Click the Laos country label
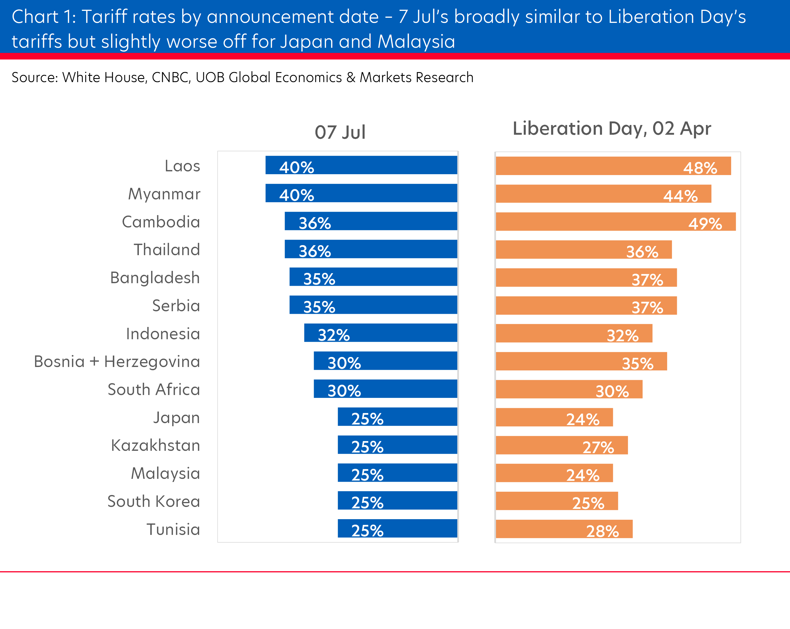pyautogui.click(x=182, y=166)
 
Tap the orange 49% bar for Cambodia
pyautogui.click(x=616, y=221)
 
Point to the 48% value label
pyautogui.click(x=700, y=168)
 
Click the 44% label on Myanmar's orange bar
pyautogui.click(x=680, y=196)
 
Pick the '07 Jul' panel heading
pyautogui.click(x=340, y=132)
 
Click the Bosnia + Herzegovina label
pyautogui.click(x=117, y=362)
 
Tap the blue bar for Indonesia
pyautogui.click(x=380, y=333)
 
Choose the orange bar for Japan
pyautogui.click(x=554, y=417)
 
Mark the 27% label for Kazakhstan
pyautogui.click(x=598, y=447)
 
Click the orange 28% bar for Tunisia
pyautogui.click(x=564, y=529)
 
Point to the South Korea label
pyautogui.click(x=153, y=501)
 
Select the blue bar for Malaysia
pyautogui.click(x=397, y=473)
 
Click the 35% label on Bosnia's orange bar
pyautogui.click(x=637, y=364)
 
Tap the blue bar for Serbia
pyautogui.click(x=373, y=305)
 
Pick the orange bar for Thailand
pyautogui.click(x=584, y=250)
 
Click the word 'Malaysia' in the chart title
pyautogui.click(x=416, y=41)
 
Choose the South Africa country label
pyautogui.click(x=153, y=390)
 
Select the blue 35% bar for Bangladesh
pyautogui.click(x=373, y=277)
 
